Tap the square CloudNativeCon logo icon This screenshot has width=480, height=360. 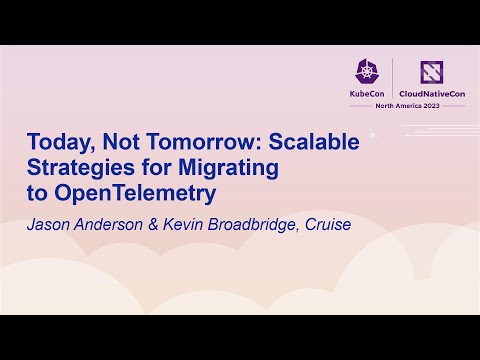(x=430, y=71)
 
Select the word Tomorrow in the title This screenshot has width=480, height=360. (x=210, y=143)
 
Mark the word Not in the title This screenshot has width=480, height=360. (x=140, y=143)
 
